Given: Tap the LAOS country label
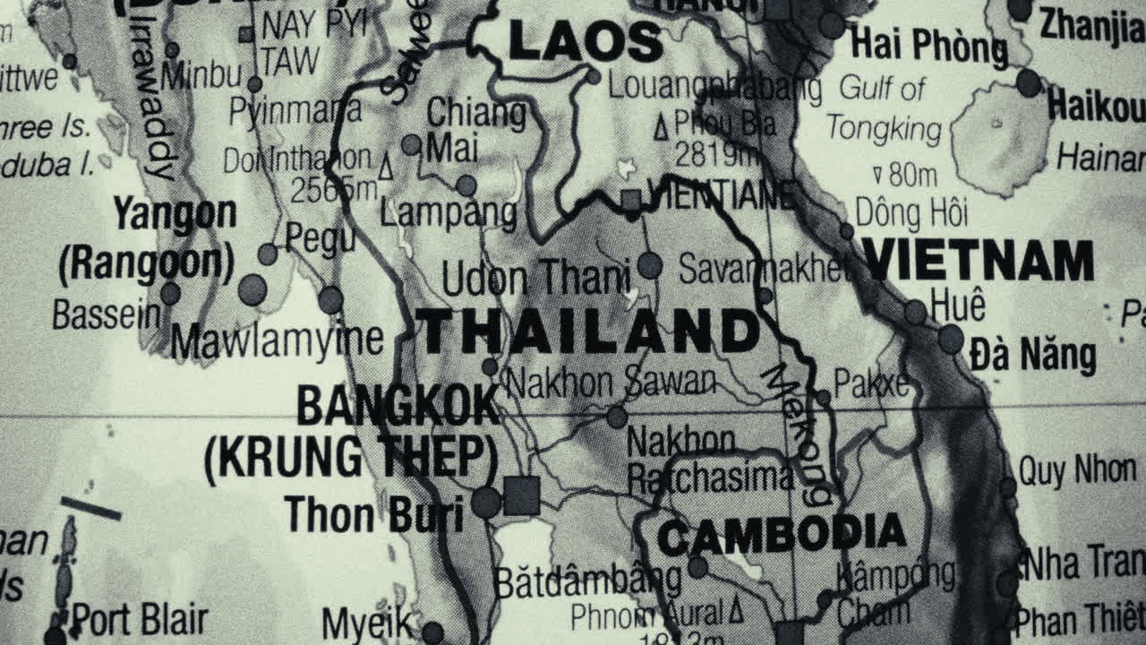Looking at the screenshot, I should pyautogui.click(x=586, y=41).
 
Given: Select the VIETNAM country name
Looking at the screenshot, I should pyautogui.click(x=978, y=262).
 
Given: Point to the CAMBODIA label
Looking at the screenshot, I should pyautogui.click(x=782, y=535).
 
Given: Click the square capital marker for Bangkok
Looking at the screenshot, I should pyautogui.click(x=521, y=495).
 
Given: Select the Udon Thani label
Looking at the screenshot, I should pyautogui.click(x=535, y=279).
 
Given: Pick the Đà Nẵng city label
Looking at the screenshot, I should pyautogui.click(x=1032, y=356).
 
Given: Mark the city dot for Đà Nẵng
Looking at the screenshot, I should pyautogui.click(x=950, y=340).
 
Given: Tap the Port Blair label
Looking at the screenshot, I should pyautogui.click(x=139, y=619).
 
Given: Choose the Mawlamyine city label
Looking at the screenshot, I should pyautogui.click(x=277, y=340).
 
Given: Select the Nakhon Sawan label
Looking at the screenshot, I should pyautogui.click(x=611, y=383).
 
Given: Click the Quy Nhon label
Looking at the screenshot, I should pyautogui.click(x=1077, y=470).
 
